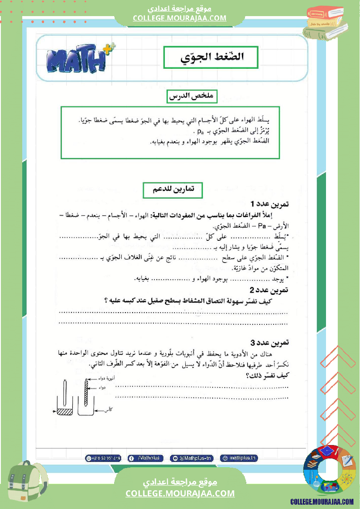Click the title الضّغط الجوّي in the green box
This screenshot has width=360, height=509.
pyautogui.click(x=211, y=57)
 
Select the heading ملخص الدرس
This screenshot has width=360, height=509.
pyautogui.click(x=193, y=97)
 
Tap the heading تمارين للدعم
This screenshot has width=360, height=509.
pyautogui.click(x=173, y=189)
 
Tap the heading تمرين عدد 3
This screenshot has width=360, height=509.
pyautogui.click(x=270, y=343)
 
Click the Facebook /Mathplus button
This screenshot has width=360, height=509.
pyautogui.click(x=146, y=458)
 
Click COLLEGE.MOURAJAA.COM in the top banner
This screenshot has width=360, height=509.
pyautogui.click(x=180, y=18)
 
